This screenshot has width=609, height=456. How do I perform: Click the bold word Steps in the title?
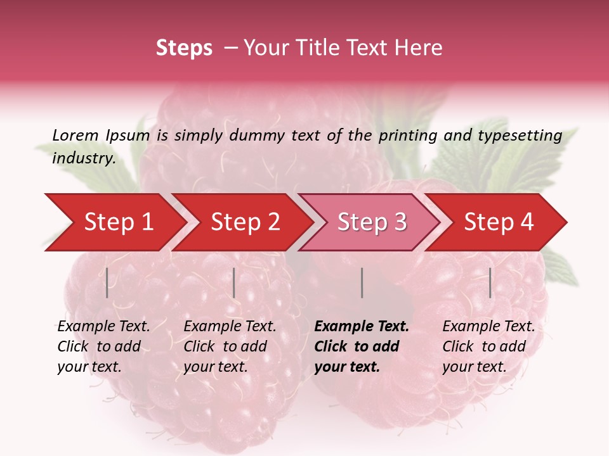click(x=184, y=48)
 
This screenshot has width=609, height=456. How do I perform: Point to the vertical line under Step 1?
click(x=107, y=282)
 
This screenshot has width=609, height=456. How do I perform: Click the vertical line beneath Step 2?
click(x=234, y=282)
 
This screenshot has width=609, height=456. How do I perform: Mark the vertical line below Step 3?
click(x=362, y=282)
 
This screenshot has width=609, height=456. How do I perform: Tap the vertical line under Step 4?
click(x=490, y=282)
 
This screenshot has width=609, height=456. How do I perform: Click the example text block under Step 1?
click(x=103, y=346)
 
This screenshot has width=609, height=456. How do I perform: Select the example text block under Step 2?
click(x=230, y=346)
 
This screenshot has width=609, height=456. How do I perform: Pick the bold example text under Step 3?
click(x=362, y=346)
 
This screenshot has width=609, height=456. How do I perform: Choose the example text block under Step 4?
click(x=488, y=346)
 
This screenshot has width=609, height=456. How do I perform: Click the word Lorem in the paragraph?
click(x=75, y=135)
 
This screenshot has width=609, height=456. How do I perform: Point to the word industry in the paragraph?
click(x=83, y=158)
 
